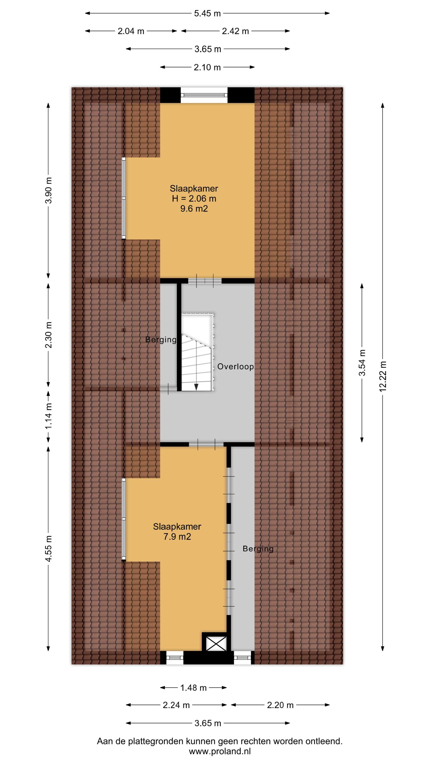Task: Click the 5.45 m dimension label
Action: pos(207,13)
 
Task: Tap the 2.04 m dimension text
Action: pos(131,31)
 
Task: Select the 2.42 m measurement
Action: pos(235,31)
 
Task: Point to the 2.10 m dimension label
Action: pos(207,67)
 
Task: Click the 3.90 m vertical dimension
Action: pos(49,190)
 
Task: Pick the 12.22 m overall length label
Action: pos(383,376)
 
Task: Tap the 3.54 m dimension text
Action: pos(362,363)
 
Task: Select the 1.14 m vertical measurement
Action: pos(49,416)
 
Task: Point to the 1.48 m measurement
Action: pos(193,688)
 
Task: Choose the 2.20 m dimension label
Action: pos(280,705)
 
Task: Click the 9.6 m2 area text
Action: pos(194,209)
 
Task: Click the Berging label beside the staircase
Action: pos(161,340)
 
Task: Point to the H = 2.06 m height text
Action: pos(194,199)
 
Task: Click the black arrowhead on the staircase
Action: pos(196,387)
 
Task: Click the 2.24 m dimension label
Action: pos(176,705)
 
